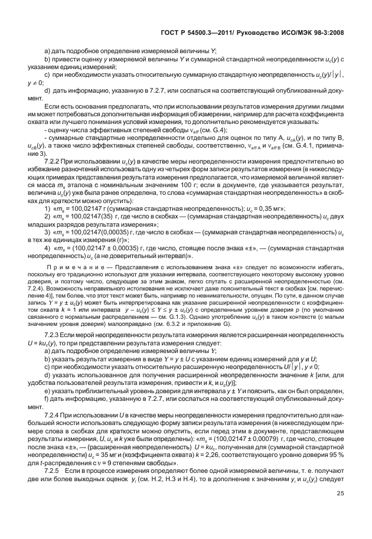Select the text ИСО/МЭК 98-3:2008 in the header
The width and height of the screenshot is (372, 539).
(x=306, y=33)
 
